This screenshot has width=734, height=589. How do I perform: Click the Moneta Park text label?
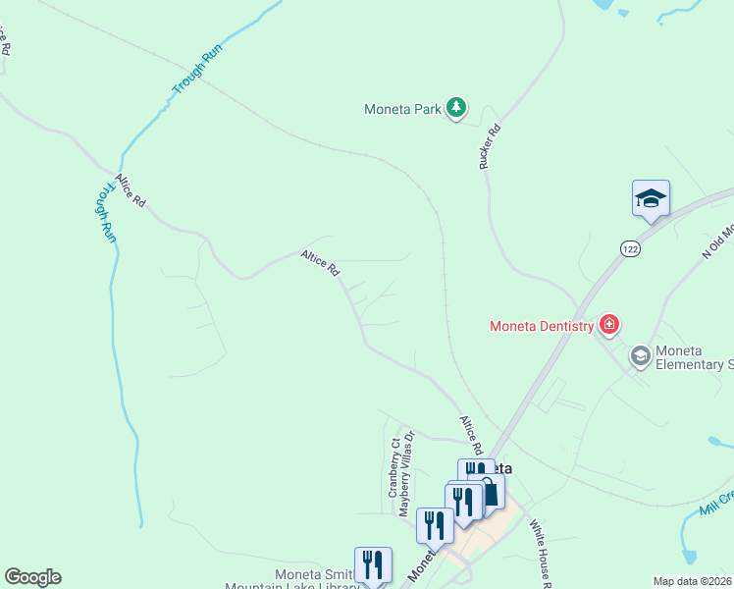pyautogui.click(x=402, y=109)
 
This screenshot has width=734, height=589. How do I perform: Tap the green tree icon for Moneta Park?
pyautogui.click(x=455, y=107)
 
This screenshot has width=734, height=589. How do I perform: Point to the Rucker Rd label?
pyautogui.click(x=490, y=146)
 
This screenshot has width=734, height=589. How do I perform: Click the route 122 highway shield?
pyautogui.click(x=629, y=249)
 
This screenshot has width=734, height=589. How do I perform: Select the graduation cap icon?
pyautogui.click(x=650, y=198)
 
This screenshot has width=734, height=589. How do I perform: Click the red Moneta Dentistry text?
pyautogui.click(x=543, y=325)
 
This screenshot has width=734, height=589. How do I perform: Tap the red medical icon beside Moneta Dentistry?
pyautogui.click(x=609, y=324)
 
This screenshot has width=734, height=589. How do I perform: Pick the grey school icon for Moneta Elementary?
pyautogui.click(x=641, y=355)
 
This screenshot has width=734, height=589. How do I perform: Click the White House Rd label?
pyautogui.click(x=545, y=549)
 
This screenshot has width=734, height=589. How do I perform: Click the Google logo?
pyautogui.click(x=32, y=576)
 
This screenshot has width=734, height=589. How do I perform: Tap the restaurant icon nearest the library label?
pyautogui.click(x=373, y=564)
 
